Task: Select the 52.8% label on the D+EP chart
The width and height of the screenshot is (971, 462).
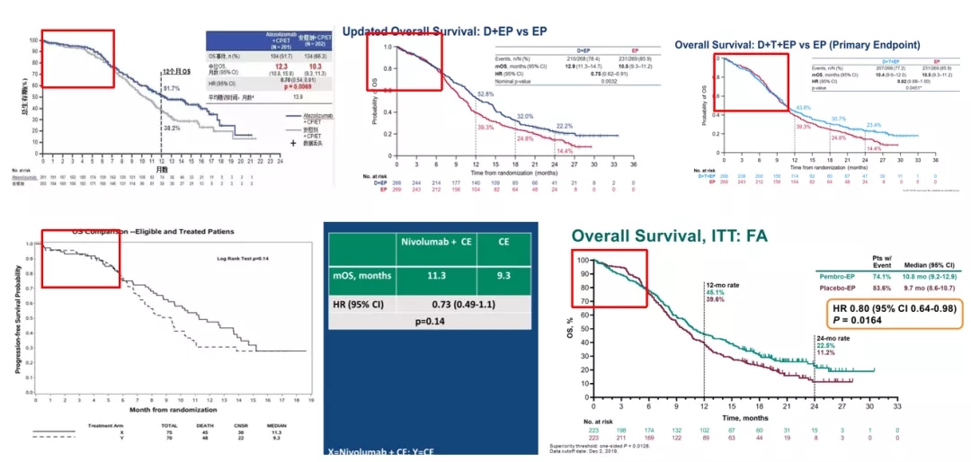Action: coord(485,93)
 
